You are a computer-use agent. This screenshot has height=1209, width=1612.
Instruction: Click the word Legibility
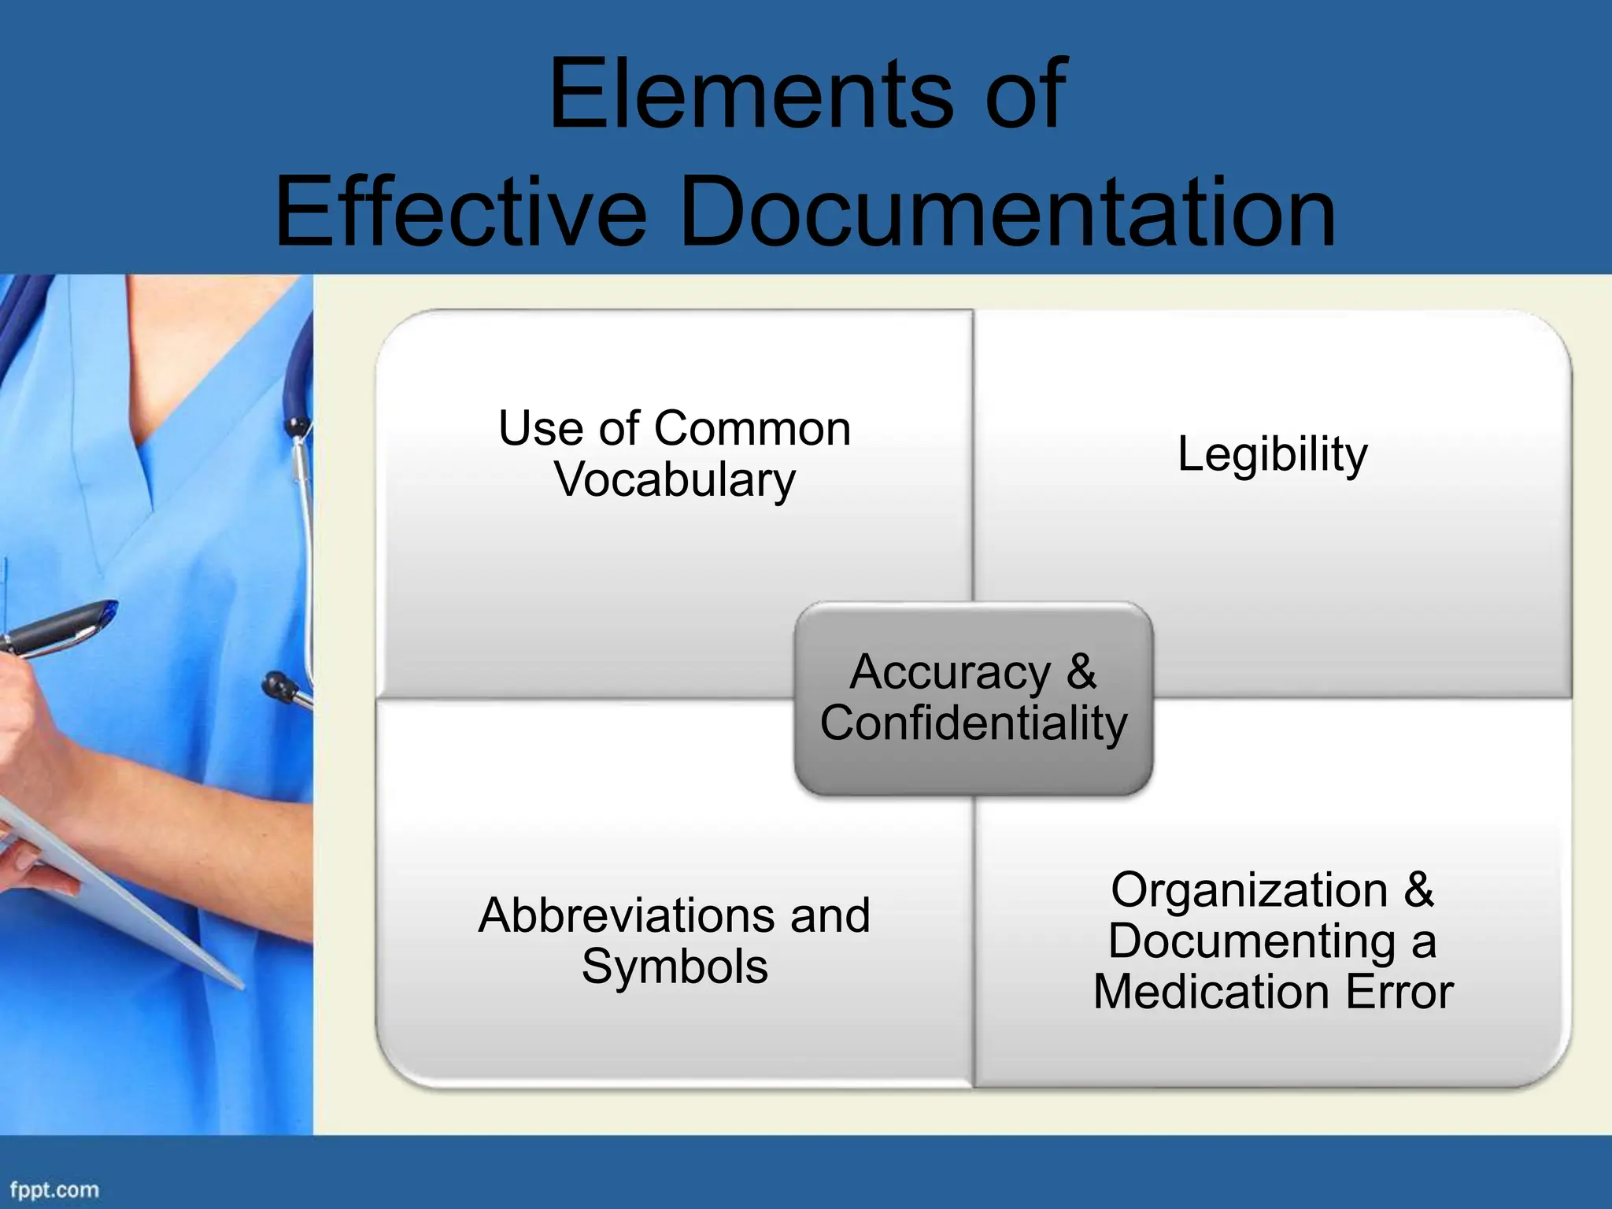click(x=1272, y=455)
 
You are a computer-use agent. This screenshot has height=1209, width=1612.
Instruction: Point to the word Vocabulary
click(x=675, y=480)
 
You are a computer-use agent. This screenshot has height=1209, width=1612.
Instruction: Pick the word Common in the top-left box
click(x=752, y=429)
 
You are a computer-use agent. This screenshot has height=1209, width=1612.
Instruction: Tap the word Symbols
click(x=675, y=967)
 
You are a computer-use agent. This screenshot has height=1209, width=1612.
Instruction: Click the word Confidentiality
click(x=974, y=723)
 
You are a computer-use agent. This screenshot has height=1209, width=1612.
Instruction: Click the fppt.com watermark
click(x=54, y=1189)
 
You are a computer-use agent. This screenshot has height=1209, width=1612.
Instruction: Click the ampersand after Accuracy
click(x=1081, y=672)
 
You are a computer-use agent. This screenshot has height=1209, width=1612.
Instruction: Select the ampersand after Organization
click(x=1418, y=890)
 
